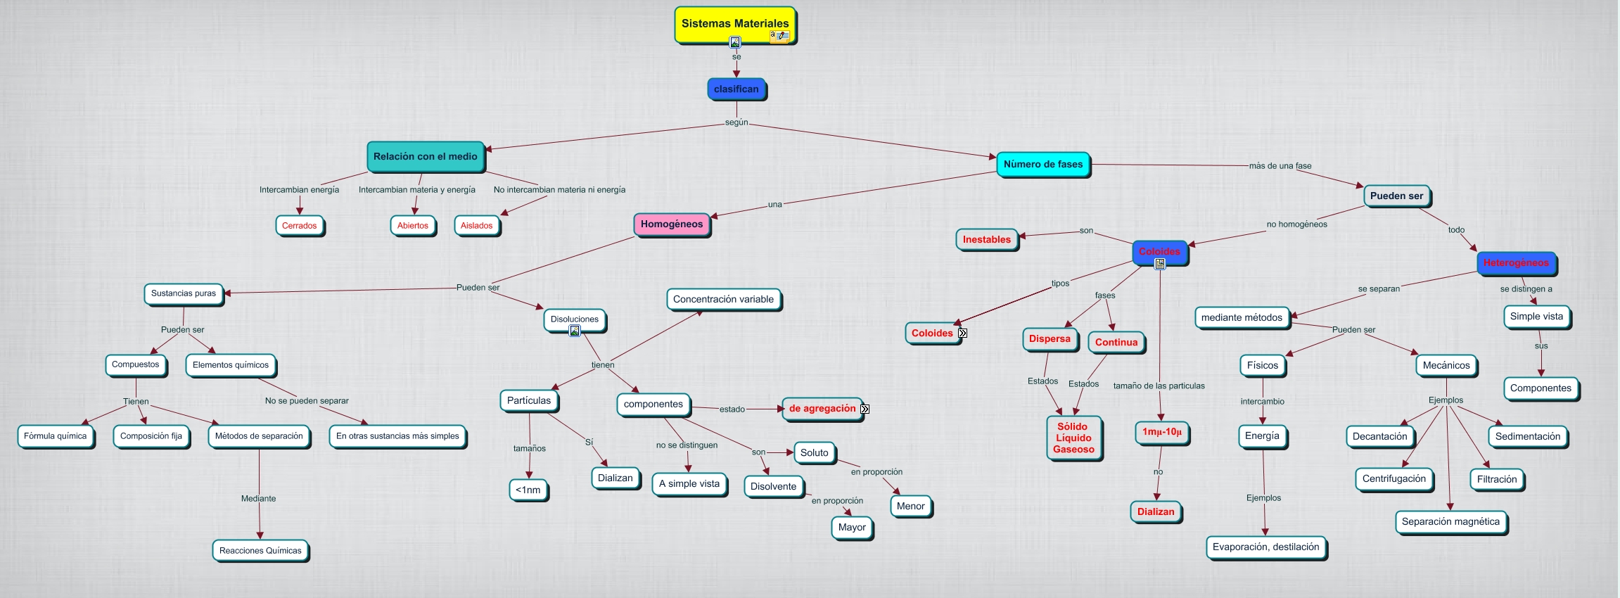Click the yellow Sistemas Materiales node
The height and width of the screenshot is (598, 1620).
coord(734,24)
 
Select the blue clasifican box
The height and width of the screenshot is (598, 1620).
coord(736,89)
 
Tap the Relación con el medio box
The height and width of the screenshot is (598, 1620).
coord(425,157)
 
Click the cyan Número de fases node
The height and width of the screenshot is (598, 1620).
coord(1042,165)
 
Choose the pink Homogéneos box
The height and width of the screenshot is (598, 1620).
coord(671,224)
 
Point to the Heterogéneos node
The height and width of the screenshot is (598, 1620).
coord(1516,263)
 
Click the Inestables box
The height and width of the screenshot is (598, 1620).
coord(986,240)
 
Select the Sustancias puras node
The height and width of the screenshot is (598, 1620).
coord(184,293)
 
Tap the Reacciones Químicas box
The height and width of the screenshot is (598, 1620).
coord(260,551)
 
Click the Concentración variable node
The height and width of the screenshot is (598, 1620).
coord(723,300)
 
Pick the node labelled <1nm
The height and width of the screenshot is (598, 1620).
coord(528,490)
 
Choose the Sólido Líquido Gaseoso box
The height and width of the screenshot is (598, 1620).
coord(1073,438)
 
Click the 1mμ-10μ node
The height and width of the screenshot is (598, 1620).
coord(1162,432)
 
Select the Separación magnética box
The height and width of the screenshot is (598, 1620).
coord(1450,522)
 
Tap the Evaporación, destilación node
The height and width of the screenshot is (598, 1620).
coord(1266,547)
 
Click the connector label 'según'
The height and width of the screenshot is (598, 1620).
coord(736,122)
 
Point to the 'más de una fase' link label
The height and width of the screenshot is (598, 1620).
coord(1280,166)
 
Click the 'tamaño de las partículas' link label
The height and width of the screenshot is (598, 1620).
coord(1159,386)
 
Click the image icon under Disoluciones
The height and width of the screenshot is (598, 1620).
coord(575,331)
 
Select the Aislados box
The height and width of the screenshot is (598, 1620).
coord(476,226)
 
